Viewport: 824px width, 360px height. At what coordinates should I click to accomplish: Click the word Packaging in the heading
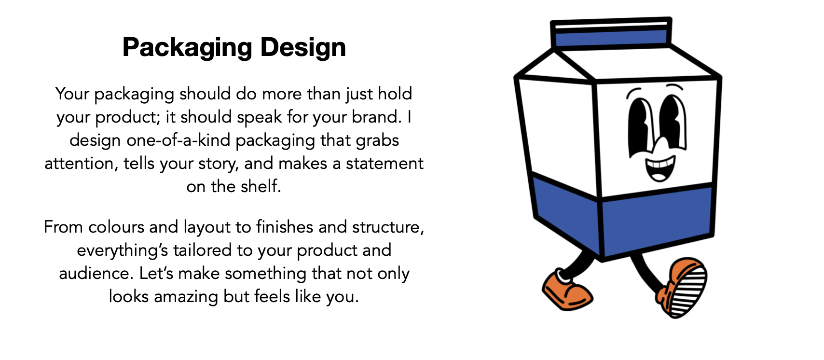187,48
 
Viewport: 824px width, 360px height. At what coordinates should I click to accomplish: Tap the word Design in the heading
303,48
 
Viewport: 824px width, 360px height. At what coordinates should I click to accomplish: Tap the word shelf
261,187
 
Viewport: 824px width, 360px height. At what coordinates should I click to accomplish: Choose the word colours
116,227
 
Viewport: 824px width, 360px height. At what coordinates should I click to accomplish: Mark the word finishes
285,227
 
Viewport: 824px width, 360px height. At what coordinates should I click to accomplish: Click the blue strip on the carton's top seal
611,38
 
